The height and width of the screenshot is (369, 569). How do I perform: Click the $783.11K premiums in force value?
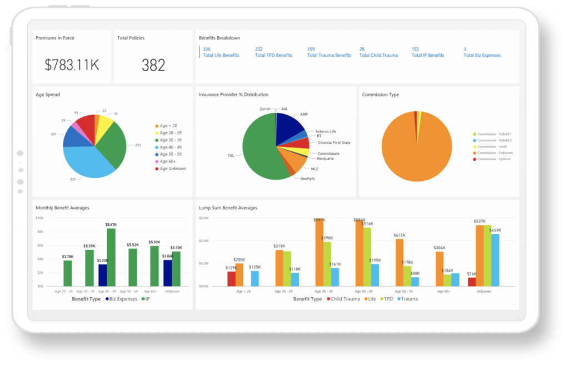coord(72,65)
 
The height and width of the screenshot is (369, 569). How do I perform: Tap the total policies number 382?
coord(153,65)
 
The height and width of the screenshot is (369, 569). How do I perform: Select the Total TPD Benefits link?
coord(273,56)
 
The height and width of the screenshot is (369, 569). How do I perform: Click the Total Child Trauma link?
coord(378,56)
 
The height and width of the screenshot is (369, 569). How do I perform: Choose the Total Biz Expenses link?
coord(482,56)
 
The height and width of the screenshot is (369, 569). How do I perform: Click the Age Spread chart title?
coord(48,95)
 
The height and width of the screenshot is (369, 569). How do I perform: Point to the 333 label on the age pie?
coord(72,179)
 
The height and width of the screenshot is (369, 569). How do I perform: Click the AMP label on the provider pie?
coord(304,114)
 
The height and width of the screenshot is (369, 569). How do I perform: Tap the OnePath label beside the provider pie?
coord(307,179)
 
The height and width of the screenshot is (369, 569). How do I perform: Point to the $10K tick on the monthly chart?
coord(39,218)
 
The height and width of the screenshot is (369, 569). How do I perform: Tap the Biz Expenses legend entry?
coord(121,299)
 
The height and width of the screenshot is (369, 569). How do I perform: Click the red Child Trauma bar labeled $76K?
coord(472,282)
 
